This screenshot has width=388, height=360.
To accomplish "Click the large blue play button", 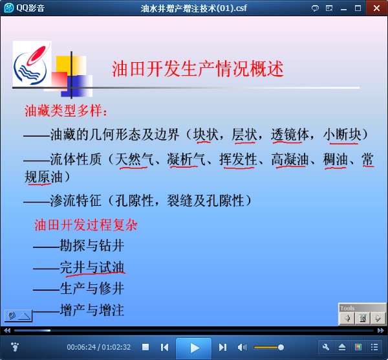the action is (194, 348).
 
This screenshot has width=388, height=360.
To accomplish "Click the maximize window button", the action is (358, 8).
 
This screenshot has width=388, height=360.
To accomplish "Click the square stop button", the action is (145, 347).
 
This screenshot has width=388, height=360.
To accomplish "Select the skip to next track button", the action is (222, 347).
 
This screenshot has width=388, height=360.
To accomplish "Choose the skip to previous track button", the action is (164, 347).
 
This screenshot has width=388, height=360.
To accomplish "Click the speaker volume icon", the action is (242, 347).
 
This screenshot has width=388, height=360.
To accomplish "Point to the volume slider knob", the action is (281, 347).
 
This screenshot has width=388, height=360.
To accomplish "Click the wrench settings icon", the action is (326, 347).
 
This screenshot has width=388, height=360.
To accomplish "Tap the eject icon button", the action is (342, 347).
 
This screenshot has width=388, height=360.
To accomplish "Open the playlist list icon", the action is (374, 347).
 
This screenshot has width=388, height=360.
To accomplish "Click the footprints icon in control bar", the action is (15, 347).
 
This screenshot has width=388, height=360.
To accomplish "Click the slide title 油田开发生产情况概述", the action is (198, 69).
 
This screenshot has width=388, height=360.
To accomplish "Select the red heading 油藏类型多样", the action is (63, 111).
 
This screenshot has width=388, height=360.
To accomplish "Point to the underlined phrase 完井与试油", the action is (92, 267).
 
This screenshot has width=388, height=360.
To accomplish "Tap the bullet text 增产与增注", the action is (92, 310).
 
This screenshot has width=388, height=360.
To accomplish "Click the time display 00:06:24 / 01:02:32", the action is (99, 347).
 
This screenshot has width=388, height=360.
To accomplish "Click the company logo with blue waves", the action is (32, 63).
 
